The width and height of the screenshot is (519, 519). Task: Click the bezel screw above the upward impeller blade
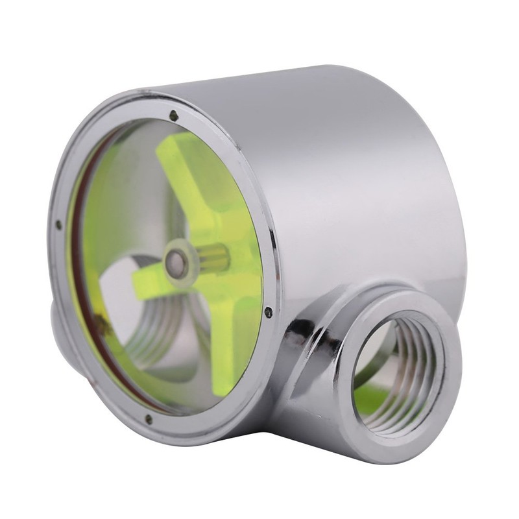pyautogui.click(x=173, y=115)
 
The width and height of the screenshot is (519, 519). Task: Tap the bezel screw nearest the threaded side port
pyautogui.click(x=268, y=313)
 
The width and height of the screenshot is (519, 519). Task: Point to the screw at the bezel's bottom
pyautogui.click(x=149, y=420)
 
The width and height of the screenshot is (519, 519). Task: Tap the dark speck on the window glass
pyautogui.click(x=101, y=318)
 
